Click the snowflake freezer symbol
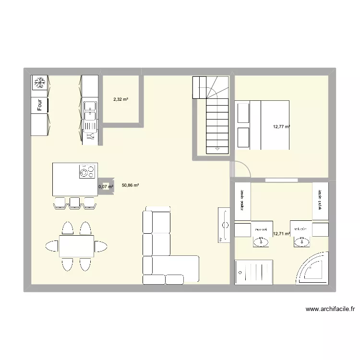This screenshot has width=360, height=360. pos(40,83)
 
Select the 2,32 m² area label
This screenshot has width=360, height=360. pos(120,99)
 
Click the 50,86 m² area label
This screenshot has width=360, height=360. pos(130,185)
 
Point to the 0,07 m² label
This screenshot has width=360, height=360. pos(106,187)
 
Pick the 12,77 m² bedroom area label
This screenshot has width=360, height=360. pos(281,127)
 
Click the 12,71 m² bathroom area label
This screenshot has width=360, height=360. pos(281,234)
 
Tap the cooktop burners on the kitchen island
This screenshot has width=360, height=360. pos(86,171)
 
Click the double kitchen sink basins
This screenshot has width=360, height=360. pos(89,112)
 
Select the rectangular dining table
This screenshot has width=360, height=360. pos(76,246)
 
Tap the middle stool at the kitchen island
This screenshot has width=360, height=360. pos(74,203)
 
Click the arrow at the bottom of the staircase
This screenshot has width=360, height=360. pos(217,149)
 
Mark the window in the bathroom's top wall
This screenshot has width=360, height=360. pos(281,180)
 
